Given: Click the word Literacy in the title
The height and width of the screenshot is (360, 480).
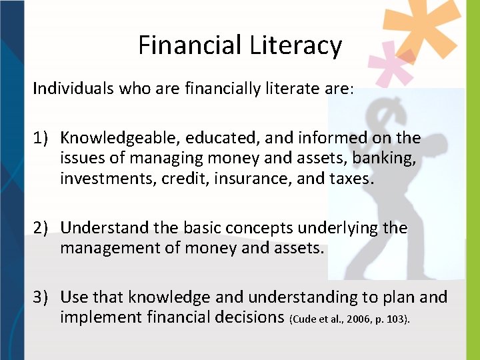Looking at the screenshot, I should coord(296,45).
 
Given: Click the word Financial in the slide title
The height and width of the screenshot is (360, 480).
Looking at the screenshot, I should coord(190,45).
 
